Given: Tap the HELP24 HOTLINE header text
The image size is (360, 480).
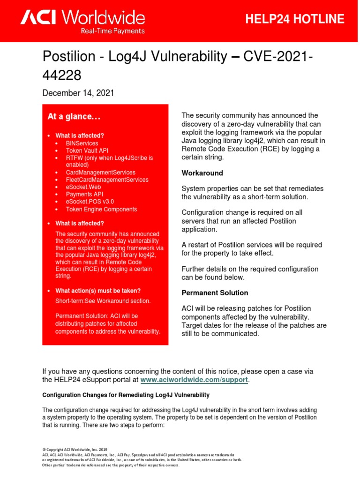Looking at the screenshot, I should tap(295, 19).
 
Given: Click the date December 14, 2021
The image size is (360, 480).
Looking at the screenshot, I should tap(78, 93).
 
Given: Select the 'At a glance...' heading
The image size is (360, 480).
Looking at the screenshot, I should tap(74, 116).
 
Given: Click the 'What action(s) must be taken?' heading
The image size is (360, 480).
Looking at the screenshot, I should tap(98, 291).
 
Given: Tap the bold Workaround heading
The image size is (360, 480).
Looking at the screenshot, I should tap(202, 173).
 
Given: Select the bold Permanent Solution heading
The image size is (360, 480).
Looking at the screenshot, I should tap(215, 292).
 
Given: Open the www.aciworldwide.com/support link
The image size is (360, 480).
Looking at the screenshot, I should tap(194, 379).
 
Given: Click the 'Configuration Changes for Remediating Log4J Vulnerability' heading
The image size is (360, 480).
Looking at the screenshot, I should tap(126, 395).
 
